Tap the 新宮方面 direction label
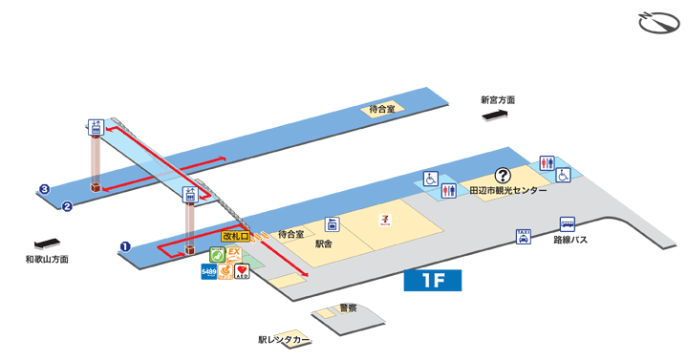coord(498,99)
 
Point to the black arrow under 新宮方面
coord(497,115)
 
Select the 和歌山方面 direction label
coord(47,259)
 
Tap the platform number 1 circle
coord(125,246)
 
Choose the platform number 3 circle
coord(44,189)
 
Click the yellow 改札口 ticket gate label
coord(234,235)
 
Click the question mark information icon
coord(502,175)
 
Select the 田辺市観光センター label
coord(509,191)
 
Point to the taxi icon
coord(523,236)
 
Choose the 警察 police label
coord(348,308)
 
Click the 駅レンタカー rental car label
coord(284,339)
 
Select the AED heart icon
coord(242,272)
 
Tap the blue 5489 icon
coord(208,272)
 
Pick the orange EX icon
coord(230,253)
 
